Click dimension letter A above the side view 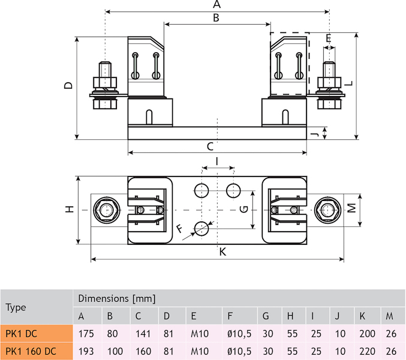point(216,5)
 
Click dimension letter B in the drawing point(216,18)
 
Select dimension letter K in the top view point(222,253)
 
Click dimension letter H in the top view point(70,209)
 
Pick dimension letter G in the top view point(243,209)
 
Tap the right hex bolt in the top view point(327,210)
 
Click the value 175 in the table point(86,334)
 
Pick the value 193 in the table point(86,351)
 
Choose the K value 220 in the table point(366,351)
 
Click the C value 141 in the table point(144,334)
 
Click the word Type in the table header point(16,307)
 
